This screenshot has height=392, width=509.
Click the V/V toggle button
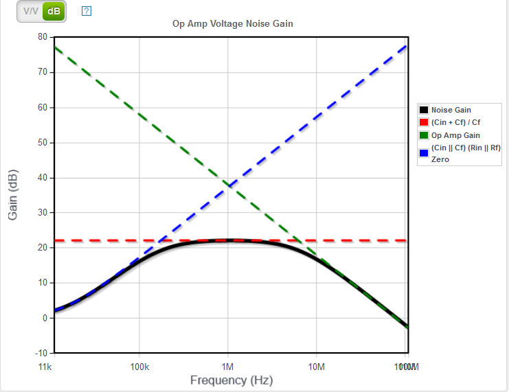coord(31,12)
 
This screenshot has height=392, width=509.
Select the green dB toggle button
coord(54,12)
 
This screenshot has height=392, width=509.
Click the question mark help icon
coord(87,11)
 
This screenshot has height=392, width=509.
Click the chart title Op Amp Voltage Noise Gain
coord(233,24)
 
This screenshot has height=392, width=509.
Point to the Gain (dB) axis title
coord(12,194)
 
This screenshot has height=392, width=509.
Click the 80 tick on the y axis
coord(43,36)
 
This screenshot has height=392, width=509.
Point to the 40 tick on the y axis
coord(43,178)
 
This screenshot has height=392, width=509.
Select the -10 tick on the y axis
coord(41,353)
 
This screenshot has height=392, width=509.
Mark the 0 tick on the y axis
coord(45,318)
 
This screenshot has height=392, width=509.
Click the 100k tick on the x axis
coord(139,367)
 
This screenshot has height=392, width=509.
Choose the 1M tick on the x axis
coord(228,367)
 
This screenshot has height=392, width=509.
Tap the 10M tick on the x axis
coord(316,367)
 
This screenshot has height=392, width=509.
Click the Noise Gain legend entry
coord(451,110)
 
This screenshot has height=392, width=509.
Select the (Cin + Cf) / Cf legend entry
coord(455,122)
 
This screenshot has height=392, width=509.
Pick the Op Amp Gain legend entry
coord(455,135)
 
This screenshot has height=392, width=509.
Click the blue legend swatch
coord(424,153)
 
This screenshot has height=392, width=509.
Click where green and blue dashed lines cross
coord(229,184)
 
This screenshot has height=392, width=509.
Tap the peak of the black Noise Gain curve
coord(229,241)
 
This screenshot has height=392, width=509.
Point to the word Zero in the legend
coord(440,159)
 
